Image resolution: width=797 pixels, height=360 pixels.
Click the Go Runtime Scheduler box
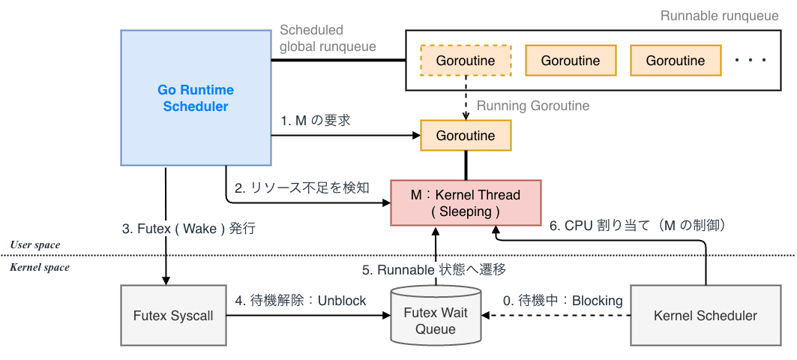point(196,98)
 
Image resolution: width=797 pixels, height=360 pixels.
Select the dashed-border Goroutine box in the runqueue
point(466,61)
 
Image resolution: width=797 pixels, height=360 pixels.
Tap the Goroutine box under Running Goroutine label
point(466,136)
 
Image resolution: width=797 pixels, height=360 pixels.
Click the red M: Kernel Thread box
point(466,202)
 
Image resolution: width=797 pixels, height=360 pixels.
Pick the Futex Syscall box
point(173,316)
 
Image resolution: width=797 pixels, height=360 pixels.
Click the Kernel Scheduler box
point(706,316)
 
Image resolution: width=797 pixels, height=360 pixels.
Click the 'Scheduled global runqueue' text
point(328,38)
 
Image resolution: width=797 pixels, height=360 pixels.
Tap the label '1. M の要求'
point(316,120)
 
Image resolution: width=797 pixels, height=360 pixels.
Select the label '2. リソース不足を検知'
point(301,188)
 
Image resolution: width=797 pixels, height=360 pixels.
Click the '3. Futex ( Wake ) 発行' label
point(188,228)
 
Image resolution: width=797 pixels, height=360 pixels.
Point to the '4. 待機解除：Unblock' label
point(300,301)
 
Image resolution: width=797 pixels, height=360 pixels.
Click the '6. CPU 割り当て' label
point(638,224)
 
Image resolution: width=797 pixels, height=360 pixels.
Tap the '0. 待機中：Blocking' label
point(562,301)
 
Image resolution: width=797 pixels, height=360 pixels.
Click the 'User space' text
point(35,245)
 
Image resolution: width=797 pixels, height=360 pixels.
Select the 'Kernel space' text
point(39,267)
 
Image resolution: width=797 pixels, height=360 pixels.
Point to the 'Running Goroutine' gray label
point(533,106)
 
